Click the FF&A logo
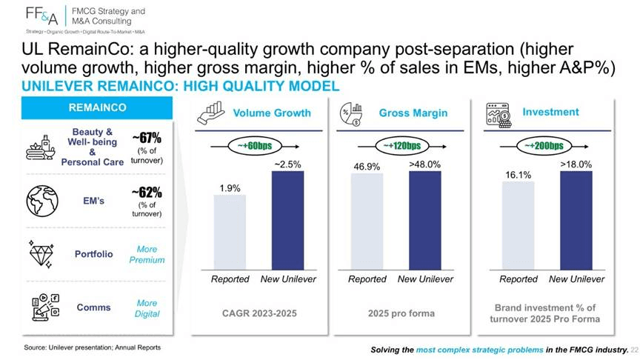tap(41, 16)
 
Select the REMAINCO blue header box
tap(97, 107)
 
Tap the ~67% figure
tap(147, 138)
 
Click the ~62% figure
tap(147, 192)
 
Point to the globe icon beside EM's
tap(42, 201)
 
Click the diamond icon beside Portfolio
tap(41, 254)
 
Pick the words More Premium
tap(147, 254)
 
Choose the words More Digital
tap(147, 308)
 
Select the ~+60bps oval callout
tap(255, 146)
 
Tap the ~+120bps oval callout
tap(402, 146)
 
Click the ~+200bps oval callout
tap(544, 146)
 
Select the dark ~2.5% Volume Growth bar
tap(287, 221)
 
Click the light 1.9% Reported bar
tap(230, 233)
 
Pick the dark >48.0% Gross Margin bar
tap(425, 221)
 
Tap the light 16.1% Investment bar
tap(519, 226)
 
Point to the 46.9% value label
tap(367, 167)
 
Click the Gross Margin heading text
tap(413, 113)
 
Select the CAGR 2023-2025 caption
tap(259, 313)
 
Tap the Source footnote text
tap(93, 347)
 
